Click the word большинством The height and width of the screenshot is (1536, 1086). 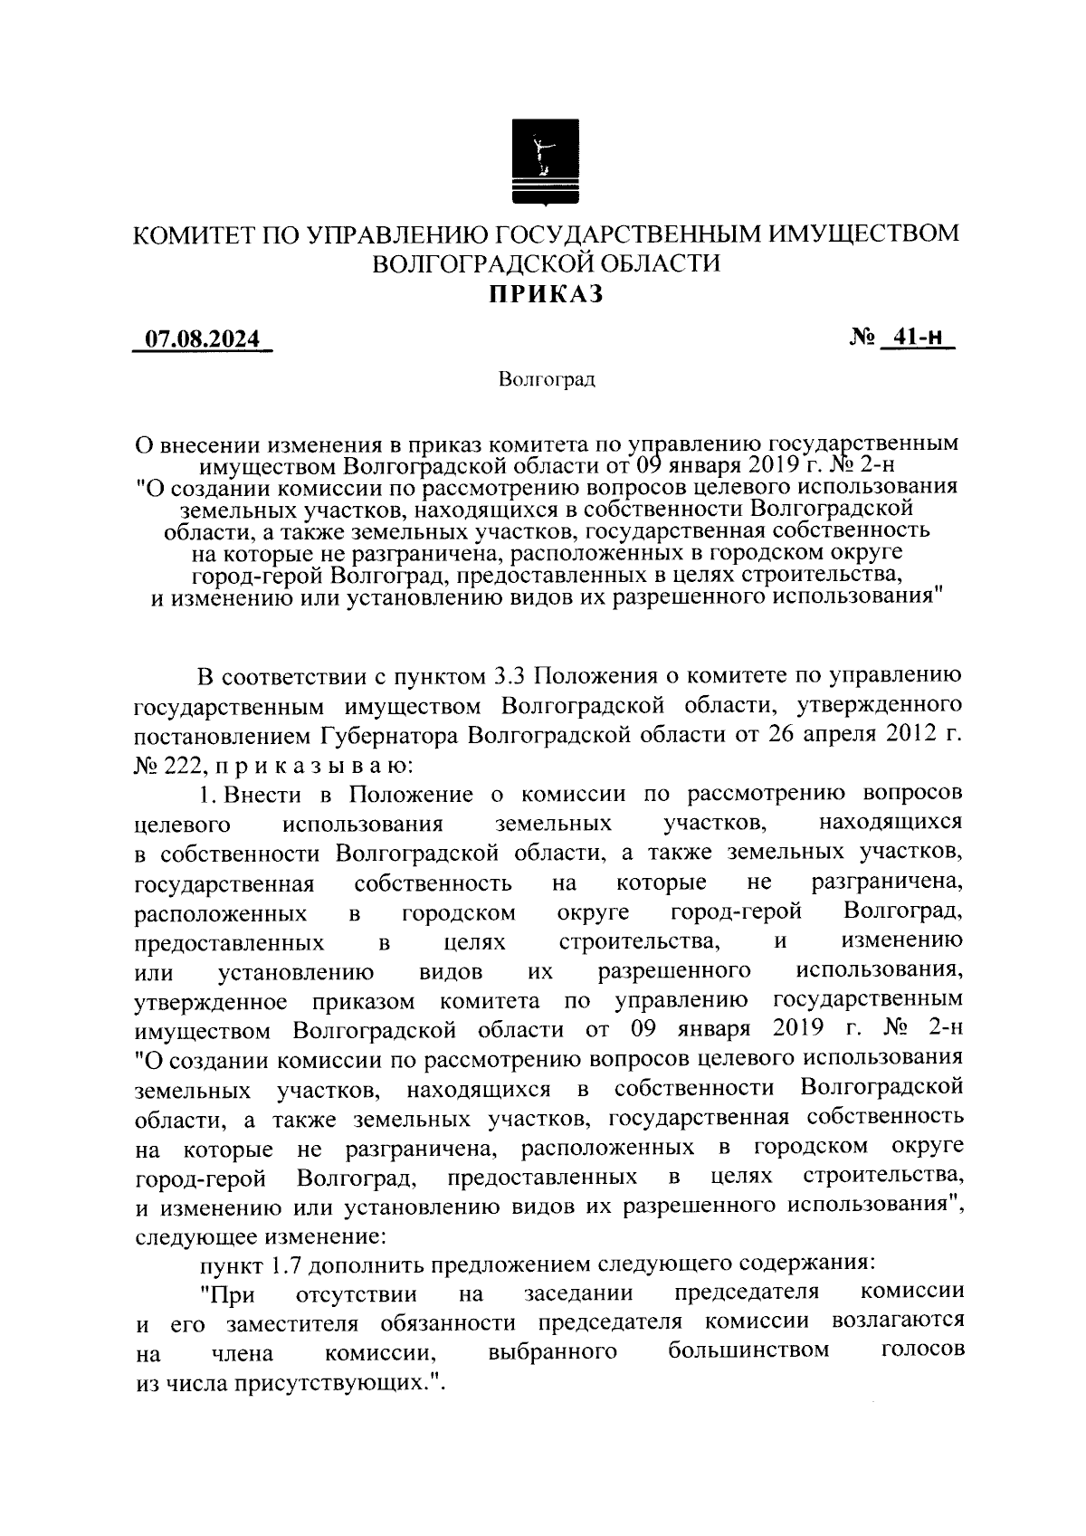click(x=748, y=1351)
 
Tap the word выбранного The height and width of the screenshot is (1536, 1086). click(x=553, y=1351)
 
